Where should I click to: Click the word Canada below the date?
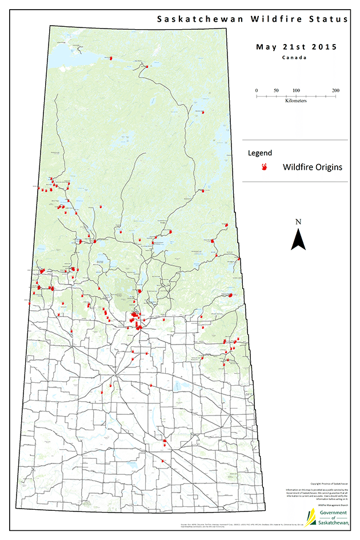295,58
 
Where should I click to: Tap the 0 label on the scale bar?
257,91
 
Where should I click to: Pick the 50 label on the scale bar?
276,91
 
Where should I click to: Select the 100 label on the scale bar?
296,91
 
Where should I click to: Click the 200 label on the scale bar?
335,91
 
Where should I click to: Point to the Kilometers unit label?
296,101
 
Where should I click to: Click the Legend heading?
259,153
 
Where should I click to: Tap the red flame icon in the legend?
265,167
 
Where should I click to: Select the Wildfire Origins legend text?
313,167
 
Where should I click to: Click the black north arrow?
298,239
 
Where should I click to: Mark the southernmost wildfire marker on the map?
163,461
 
